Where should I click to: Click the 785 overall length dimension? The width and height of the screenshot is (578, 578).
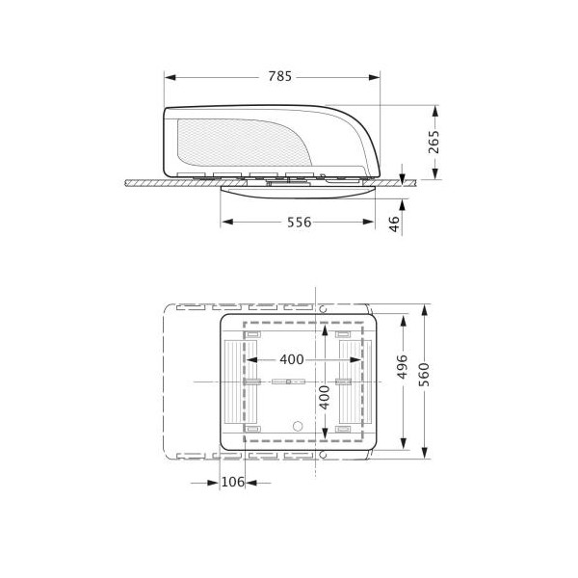[x=279, y=75]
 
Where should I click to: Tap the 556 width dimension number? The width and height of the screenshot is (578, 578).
[x=299, y=223]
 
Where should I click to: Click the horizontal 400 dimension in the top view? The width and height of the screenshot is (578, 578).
[x=291, y=359]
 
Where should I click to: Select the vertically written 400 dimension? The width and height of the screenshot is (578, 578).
[x=325, y=397]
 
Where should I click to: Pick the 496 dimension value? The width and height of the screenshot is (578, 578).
[x=404, y=370]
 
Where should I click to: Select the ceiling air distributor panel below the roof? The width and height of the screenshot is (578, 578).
[x=299, y=191]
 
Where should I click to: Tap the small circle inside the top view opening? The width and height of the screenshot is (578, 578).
[x=298, y=425]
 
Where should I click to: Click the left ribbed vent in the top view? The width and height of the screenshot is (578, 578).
[x=234, y=382]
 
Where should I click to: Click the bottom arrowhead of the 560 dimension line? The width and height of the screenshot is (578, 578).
[x=425, y=450]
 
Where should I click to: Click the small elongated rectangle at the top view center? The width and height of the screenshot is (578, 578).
[x=283, y=382]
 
